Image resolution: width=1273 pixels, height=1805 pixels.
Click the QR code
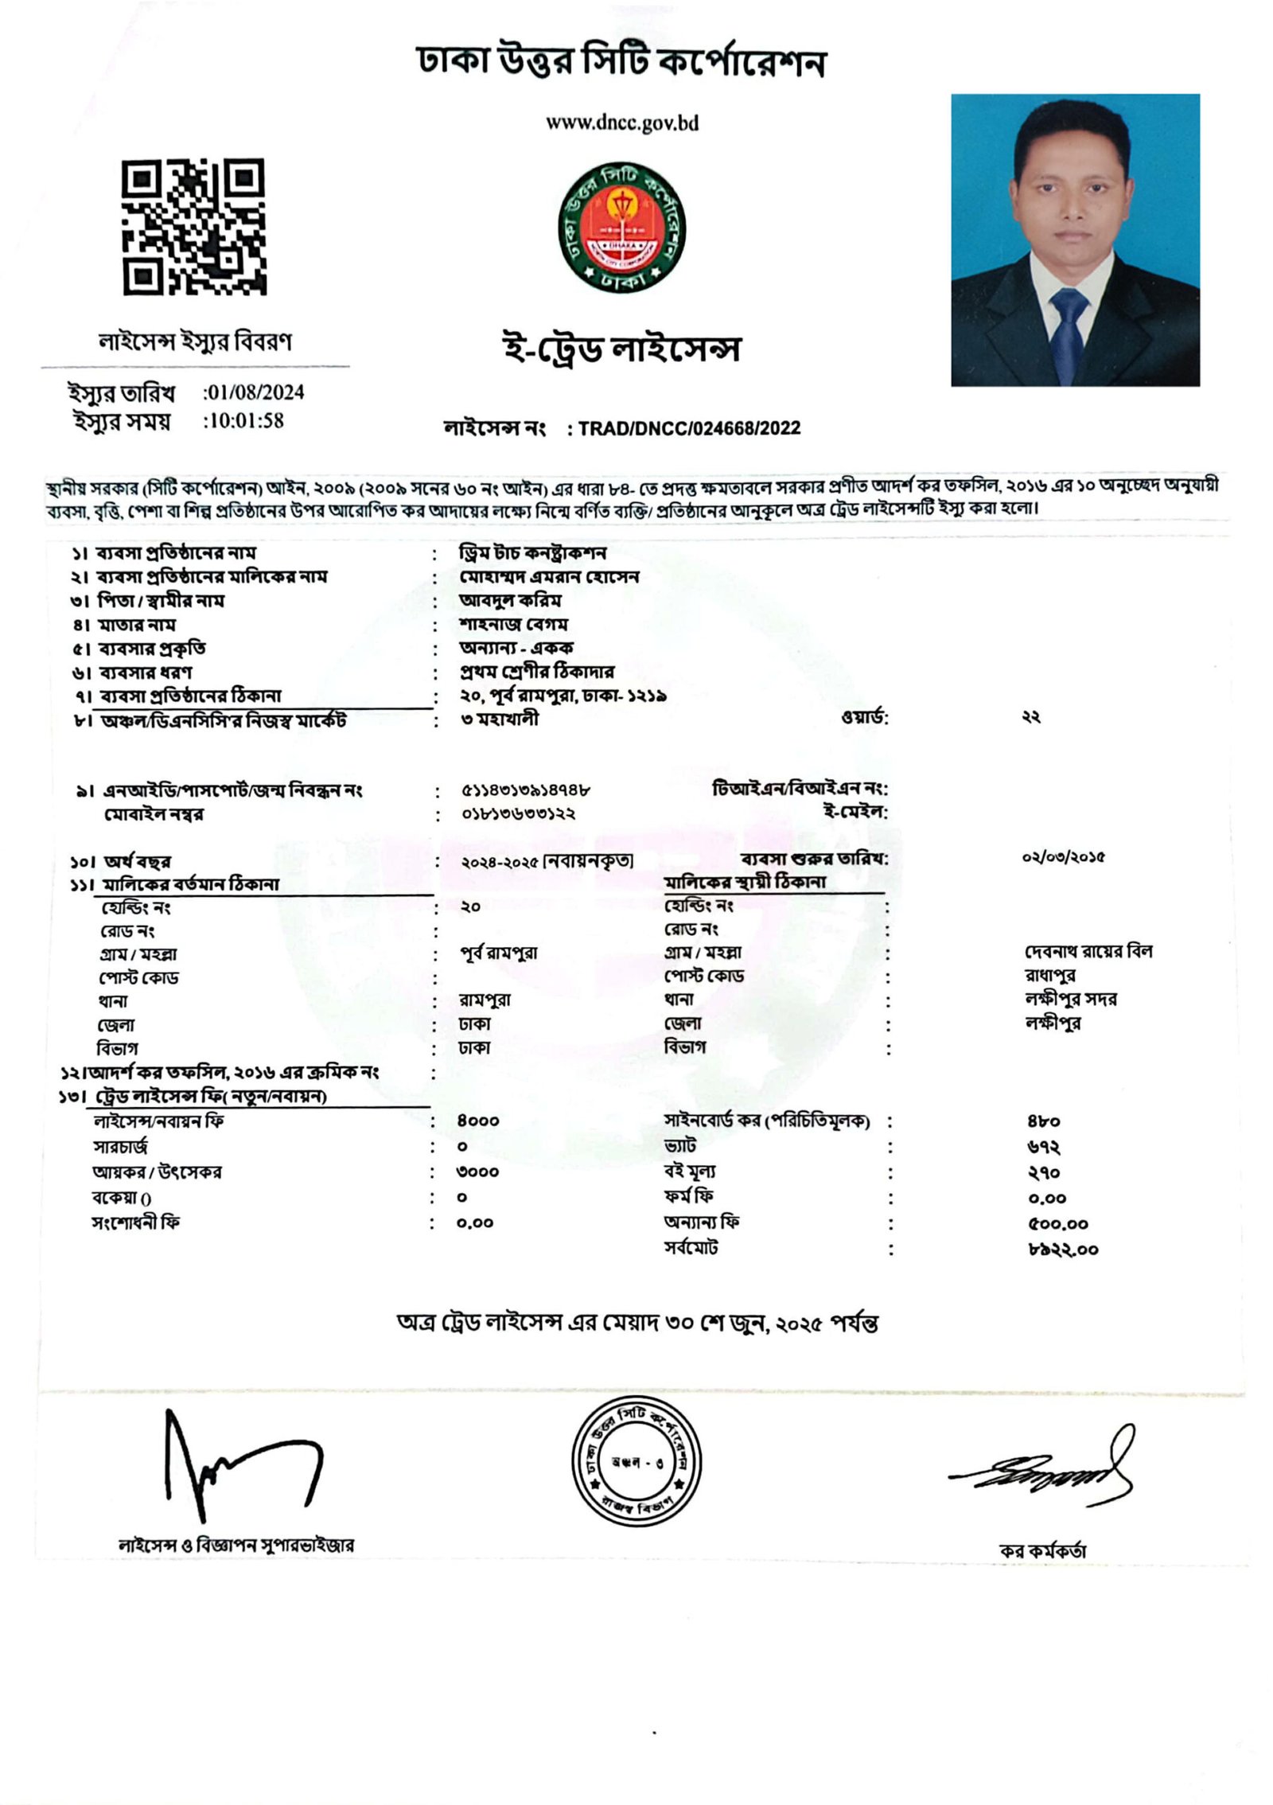click(193, 227)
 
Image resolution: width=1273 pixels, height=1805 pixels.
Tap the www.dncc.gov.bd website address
click(621, 123)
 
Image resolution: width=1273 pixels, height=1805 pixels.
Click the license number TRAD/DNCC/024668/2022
click(689, 428)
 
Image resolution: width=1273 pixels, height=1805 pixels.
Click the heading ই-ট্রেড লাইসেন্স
click(621, 349)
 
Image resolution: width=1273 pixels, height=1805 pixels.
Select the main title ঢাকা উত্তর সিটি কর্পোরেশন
click(621, 62)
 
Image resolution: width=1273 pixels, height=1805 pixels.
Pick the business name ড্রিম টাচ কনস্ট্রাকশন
click(533, 552)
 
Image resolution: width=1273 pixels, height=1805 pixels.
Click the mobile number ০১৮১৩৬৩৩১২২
click(518, 814)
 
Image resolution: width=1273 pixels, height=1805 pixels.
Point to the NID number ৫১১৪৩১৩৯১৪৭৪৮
click(525, 790)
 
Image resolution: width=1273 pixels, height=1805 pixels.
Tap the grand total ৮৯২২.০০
click(1062, 1249)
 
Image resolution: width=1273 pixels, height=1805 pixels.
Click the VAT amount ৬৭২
click(1043, 1147)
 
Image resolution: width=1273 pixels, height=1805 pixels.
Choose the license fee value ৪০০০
click(477, 1121)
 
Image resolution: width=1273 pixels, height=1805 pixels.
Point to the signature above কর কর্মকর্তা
click(1042, 1467)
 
